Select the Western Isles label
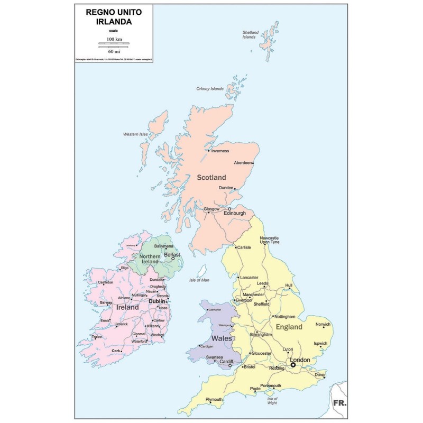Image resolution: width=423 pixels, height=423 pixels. (x=134, y=134)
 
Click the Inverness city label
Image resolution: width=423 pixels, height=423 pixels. (x=219, y=151)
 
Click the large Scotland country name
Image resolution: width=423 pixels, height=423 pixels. (x=211, y=178)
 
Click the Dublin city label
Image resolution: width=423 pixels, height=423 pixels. (x=157, y=301)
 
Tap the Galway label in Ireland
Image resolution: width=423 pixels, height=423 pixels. (x=107, y=302)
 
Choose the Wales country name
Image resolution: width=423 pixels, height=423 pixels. (x=221, y=337)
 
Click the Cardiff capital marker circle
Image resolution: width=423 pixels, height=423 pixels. (x=229, y=365)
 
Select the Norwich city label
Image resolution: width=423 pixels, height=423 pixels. (x=323, y=324)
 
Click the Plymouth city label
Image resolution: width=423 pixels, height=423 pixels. (x=214, y=399)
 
